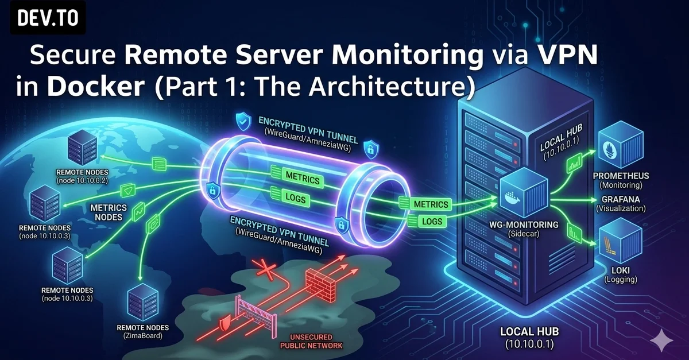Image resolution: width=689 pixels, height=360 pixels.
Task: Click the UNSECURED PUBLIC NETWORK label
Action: click(311, 342)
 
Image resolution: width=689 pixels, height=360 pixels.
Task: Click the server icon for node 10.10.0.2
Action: click(82, 148)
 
